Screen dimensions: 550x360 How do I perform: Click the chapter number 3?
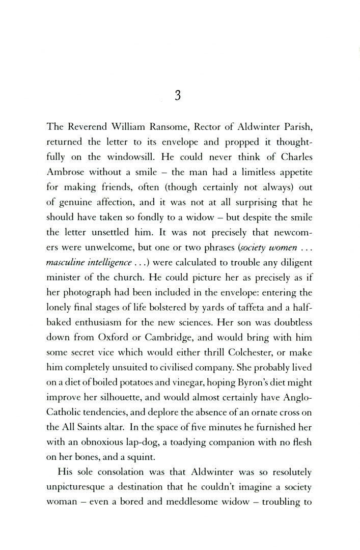pyautogui.click(x=178, y=96)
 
